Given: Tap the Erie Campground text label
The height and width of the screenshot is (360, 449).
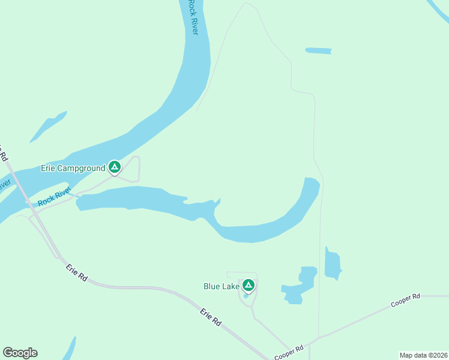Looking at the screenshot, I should click(73, 169).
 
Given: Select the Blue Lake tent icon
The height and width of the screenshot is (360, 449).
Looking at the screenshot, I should click(249, 286).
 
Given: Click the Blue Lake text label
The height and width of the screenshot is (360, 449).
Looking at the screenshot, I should click(221, 287).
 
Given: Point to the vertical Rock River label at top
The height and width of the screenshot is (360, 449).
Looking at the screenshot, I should click(192, 17).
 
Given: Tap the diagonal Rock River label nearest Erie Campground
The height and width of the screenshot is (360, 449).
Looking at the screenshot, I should click(55, 198).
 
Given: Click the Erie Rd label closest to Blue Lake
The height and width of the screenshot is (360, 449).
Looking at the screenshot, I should click(211, 317).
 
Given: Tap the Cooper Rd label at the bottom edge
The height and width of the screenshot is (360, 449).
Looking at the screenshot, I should click(289, 352).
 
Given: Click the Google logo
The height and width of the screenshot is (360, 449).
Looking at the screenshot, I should click(20, 353).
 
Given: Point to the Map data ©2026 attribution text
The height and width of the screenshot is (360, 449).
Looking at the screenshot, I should click(423, 355).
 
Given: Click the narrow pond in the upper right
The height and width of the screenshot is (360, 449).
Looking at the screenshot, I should click(318, 51).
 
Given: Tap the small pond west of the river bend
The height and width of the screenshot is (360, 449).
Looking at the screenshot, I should click(49, 127).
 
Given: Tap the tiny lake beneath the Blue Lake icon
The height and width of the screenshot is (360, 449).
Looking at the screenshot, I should click(246, 296).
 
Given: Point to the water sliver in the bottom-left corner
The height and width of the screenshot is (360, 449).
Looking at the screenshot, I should click(70, 349).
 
